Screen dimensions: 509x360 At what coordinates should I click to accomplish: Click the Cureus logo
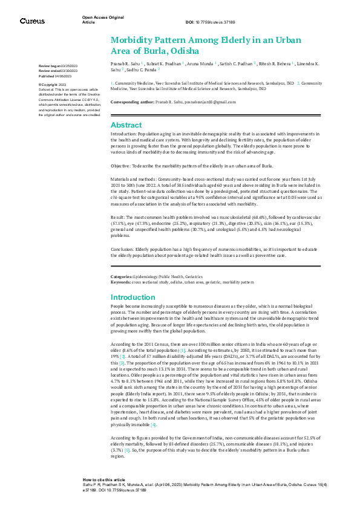pyautogui.click(x=31, y=21)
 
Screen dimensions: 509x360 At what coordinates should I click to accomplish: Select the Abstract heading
pyautogui.click(x=126, y=125)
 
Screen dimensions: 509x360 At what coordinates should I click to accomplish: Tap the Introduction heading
pyautogui.click(x=134, y=297)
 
